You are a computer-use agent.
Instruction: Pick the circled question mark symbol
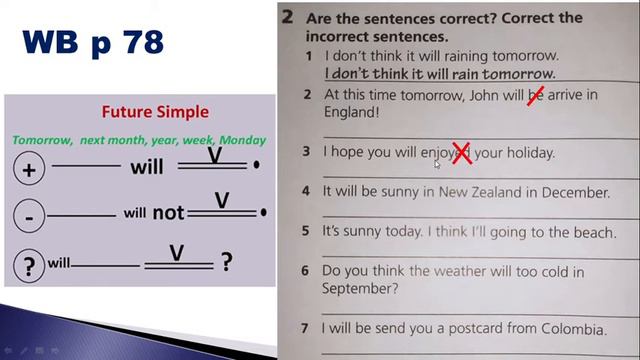tap(29, 265)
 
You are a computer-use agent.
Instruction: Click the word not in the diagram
tap(167, 213)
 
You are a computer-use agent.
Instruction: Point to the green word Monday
tap(243, 140)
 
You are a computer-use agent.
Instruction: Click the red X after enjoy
tap(461, 153)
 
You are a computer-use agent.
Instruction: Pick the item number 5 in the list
tap(307, 231)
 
